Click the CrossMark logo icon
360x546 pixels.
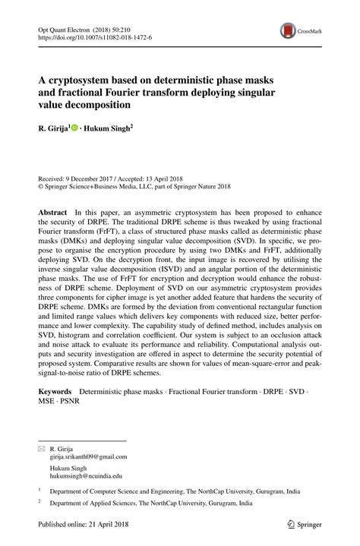coord(288,30)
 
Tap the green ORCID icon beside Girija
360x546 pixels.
coord(75,129)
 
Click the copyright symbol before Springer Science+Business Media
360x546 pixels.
coord(41,184)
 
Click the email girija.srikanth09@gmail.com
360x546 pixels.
coord(88,457)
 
